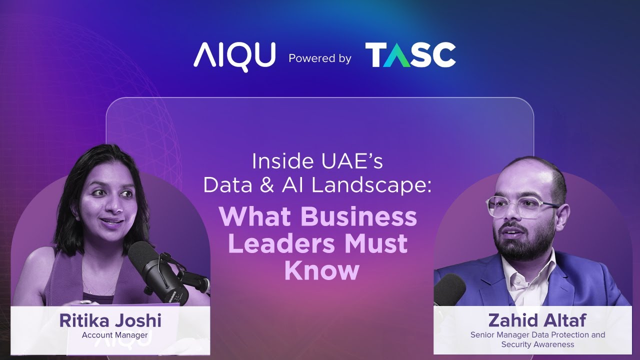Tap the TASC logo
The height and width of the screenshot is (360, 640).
(x=410, y=55)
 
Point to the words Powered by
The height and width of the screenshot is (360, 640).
(x=320, y=58)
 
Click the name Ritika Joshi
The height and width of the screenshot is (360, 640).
(x=110, y=320)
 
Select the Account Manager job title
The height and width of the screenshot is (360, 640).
(x=114, y=335)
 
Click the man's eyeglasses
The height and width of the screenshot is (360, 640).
(x=520, y=206)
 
